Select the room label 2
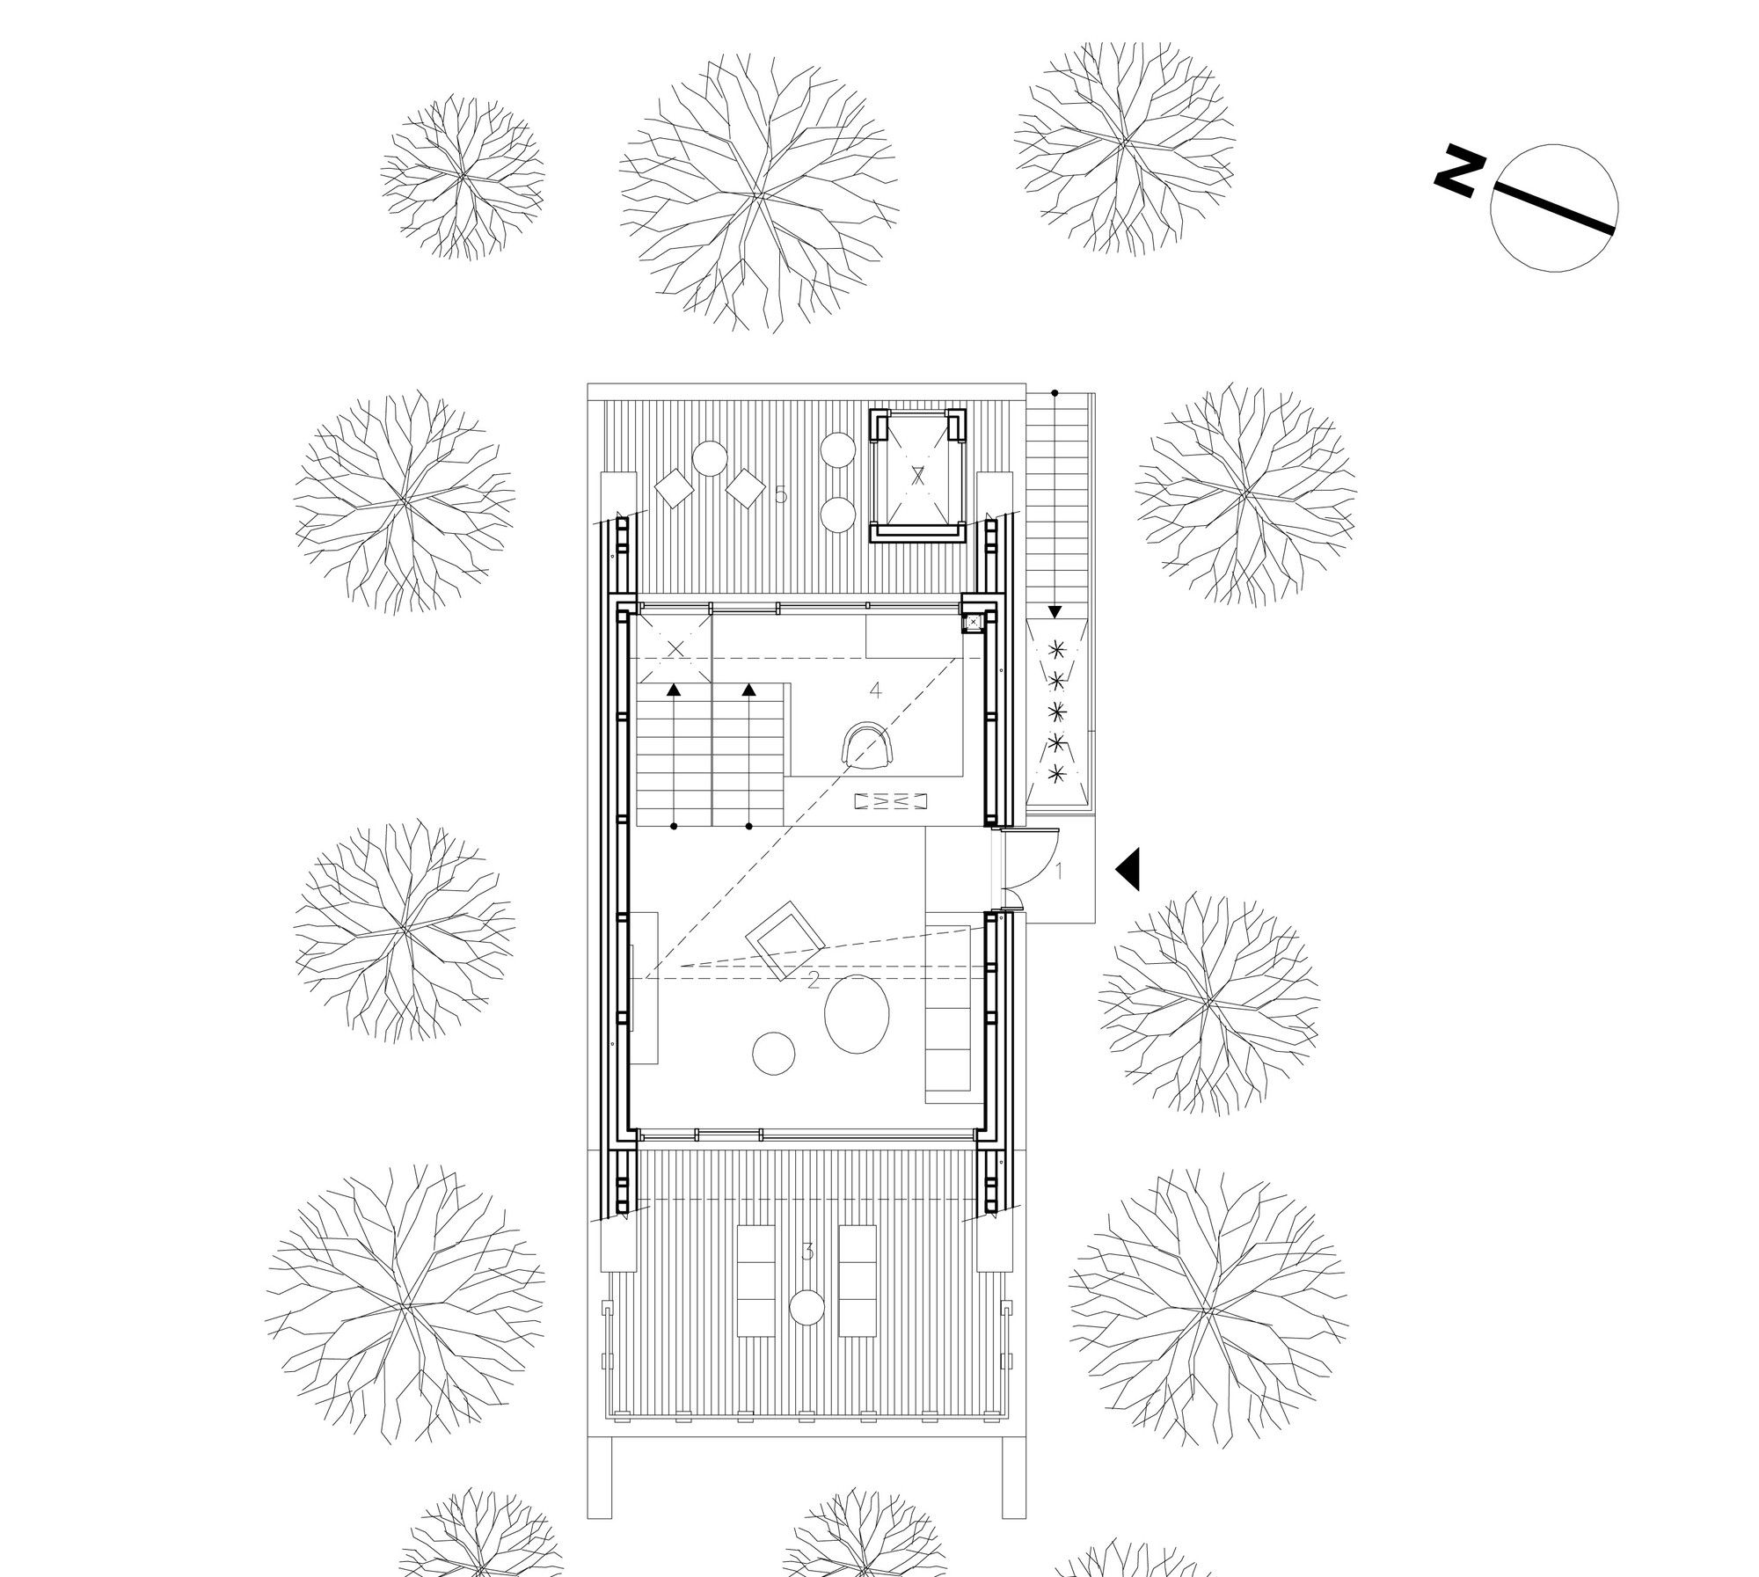coord(814,981)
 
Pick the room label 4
coord(875,691)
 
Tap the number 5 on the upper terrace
coord(781,496)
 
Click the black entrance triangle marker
coord(1128,870)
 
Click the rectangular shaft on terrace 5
coord(918,475)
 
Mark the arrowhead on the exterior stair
coord(1055,611)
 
